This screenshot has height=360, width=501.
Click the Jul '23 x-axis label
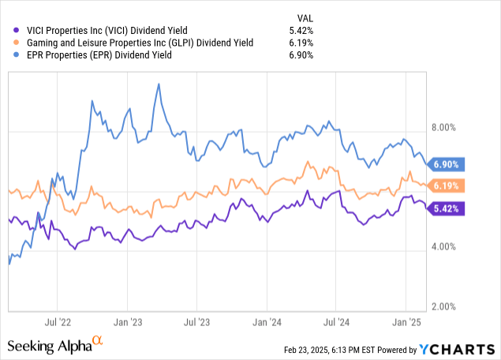tap(196, 322)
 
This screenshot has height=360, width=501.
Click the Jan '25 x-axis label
tap(406, 322)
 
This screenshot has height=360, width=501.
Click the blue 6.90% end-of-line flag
tap(447, 164)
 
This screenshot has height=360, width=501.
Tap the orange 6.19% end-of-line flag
tap(447, 186)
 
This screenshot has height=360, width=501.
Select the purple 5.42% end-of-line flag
tap(447, 209)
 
